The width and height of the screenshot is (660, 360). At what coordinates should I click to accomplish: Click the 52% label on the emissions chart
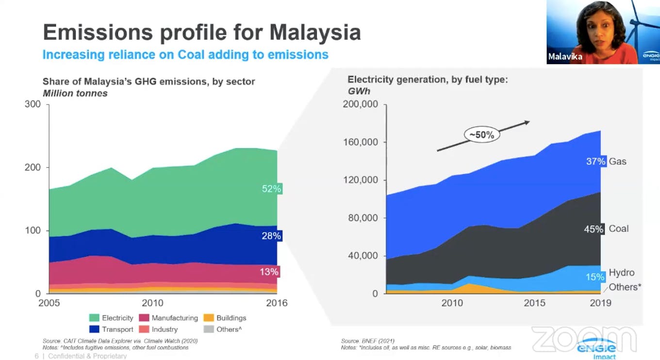[272, 189]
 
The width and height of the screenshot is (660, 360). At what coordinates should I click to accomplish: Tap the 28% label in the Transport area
[272, 236]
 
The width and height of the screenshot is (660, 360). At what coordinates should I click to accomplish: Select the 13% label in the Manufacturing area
[269, 272]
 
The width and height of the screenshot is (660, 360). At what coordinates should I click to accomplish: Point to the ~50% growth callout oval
[482, 135]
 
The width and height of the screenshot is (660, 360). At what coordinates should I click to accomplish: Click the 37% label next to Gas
[596, 162]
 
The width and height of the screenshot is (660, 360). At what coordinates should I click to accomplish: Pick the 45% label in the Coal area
[594, 229]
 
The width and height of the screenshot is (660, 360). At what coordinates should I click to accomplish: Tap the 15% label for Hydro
[595, 277]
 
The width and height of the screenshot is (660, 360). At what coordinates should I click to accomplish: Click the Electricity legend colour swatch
[95, 318]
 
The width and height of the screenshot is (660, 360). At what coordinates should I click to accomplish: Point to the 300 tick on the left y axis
[33, 104]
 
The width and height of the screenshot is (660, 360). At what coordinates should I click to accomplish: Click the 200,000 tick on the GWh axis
[360, 104]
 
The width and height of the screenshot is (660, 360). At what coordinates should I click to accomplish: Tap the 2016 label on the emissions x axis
[277, 303]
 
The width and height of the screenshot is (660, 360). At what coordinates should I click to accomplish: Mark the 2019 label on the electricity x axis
[600, 303]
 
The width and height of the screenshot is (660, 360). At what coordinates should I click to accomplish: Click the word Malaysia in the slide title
[315, 33]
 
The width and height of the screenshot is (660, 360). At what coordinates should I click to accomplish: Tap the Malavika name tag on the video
[565, 57]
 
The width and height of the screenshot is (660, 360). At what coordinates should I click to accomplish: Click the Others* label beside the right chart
[625, 287]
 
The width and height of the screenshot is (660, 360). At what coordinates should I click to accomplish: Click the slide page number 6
[36, 356]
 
